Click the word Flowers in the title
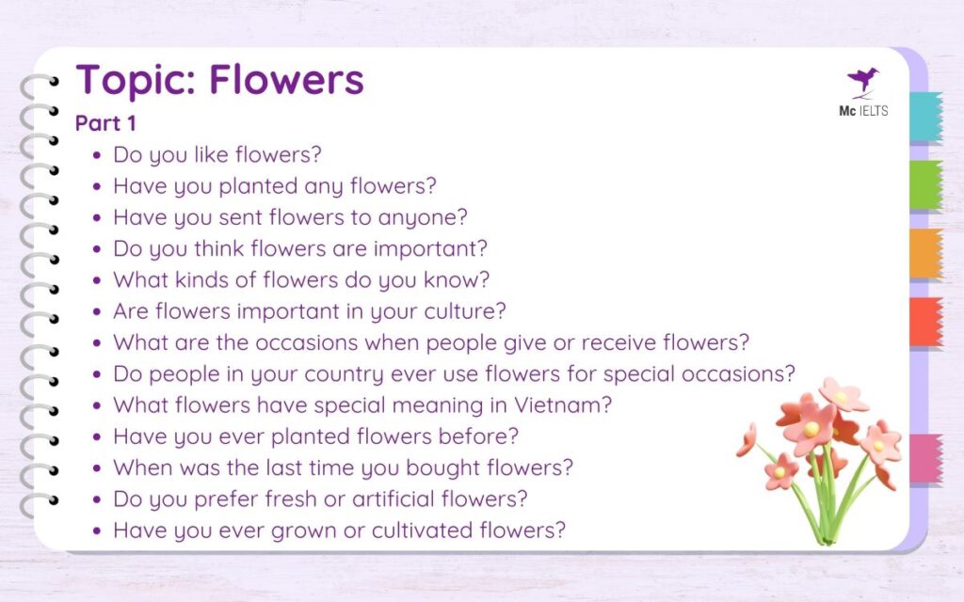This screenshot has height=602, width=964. click(x=286, y=80)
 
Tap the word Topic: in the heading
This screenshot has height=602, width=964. click(x=135, y=80)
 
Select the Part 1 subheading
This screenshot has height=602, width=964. click(x=105, y=123)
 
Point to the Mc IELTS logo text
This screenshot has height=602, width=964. click(x=862, y=111)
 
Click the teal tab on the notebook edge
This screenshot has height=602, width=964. click(x=925, y=116)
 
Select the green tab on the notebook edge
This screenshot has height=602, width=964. click(x=925, y=184)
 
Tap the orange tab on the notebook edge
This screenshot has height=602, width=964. click(x=925, y=253)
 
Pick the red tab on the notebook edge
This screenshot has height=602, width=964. click(x=925, y=323)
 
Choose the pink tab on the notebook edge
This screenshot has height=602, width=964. click(x=925, y=458)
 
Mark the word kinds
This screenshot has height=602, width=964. click(x=205, y=280)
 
